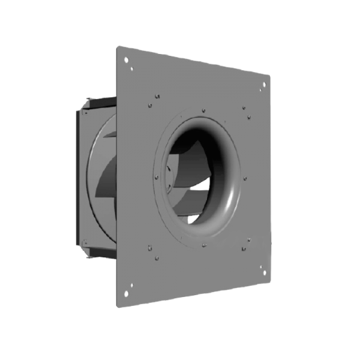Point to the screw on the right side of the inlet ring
click(245, 179)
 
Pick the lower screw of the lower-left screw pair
click(156, 259)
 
